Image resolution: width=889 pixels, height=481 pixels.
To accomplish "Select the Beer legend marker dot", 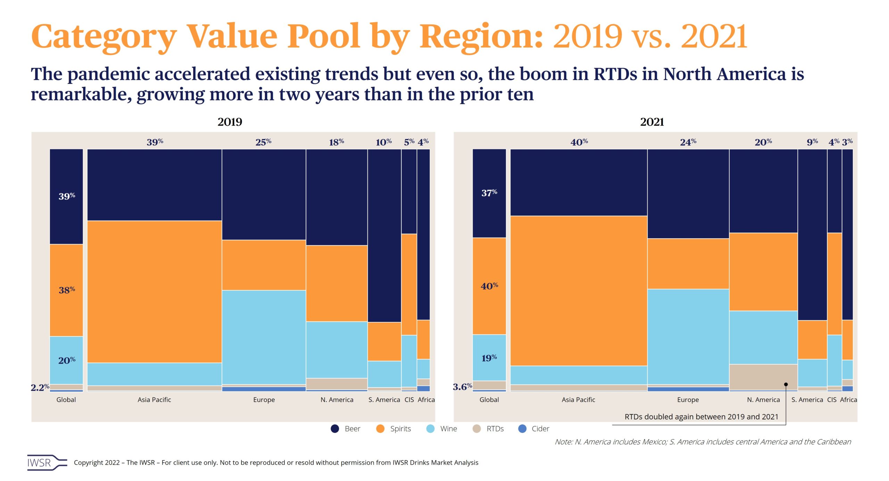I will click(335, 429).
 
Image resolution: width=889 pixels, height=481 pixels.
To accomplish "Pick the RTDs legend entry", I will click(488, 429).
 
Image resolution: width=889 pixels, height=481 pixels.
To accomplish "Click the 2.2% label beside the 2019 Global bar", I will click(40, 387).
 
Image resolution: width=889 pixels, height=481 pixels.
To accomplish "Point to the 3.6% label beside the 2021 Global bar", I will click(463, 387).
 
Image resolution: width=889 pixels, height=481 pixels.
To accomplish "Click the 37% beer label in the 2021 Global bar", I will click(489, 192).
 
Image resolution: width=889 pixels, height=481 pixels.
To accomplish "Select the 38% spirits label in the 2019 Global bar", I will click(67, 290).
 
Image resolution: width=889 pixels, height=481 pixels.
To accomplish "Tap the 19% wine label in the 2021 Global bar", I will click(489, 358).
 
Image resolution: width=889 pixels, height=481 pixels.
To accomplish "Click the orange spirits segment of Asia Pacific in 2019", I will click(155, 292).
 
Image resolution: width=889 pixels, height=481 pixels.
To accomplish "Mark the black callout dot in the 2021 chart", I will click(786, 384).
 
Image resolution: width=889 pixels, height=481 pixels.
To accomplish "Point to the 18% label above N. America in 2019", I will click(337, 142).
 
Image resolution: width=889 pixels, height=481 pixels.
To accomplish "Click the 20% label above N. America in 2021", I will click(763, 142).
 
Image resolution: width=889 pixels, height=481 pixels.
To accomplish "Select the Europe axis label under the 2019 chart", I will click(264, 400).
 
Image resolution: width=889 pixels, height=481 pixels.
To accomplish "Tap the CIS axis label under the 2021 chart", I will click(832, 400).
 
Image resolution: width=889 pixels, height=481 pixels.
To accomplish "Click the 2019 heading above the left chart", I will click(230, 122).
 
